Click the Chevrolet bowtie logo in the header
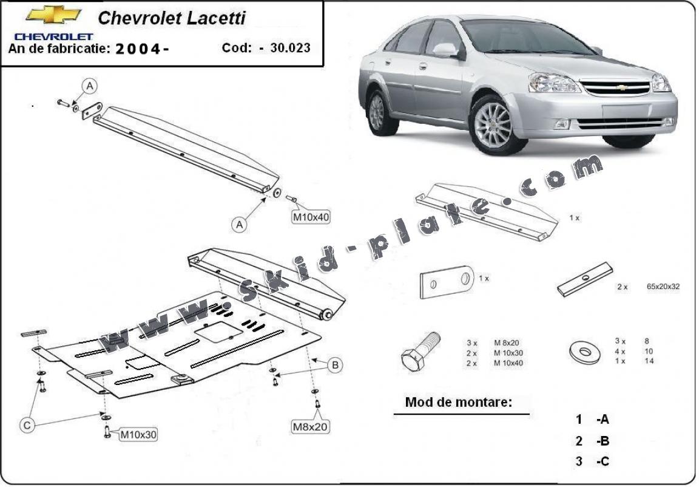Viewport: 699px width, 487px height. tap(53, 15)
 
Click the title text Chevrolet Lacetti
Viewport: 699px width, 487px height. tap(172, 18)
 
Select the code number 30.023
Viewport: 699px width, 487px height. tap(289, 48)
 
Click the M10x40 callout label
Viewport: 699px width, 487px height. tap(311, 217)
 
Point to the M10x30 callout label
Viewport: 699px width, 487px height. tap(138, 434)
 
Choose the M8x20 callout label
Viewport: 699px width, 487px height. tap(311, 427)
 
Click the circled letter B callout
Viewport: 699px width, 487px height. tap(334, 365)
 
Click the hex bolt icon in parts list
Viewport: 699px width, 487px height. tap(419, 350)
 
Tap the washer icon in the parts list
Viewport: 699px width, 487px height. tap(585, 350)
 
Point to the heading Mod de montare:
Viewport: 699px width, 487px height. tap(459, 402)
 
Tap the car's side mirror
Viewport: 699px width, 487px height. tap(446, 50)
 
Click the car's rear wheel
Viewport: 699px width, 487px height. tap(377, 112)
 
